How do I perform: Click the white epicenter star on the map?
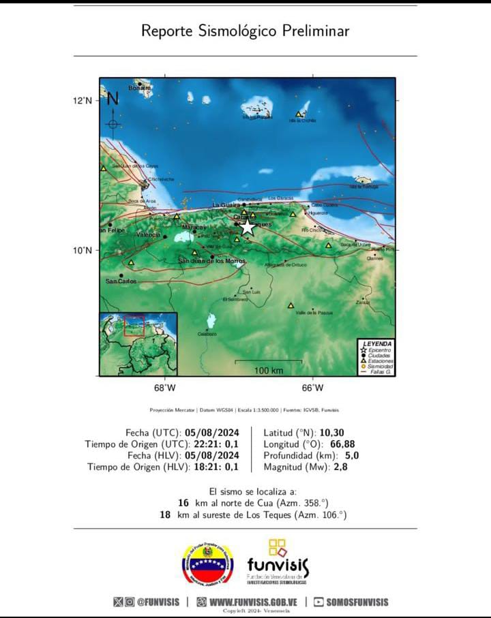coord(247,227)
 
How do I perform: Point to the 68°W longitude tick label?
coord(165,388)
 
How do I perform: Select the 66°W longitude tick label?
coord(313,388)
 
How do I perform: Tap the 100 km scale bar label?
coord(269,370)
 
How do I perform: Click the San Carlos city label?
coord(121,281)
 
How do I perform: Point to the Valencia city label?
coord(148,234)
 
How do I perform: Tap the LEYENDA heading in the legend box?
coord(377,343)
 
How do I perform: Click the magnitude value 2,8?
coord(342,467)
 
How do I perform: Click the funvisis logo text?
coord(278,565)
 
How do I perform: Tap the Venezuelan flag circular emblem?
coord(207,565)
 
